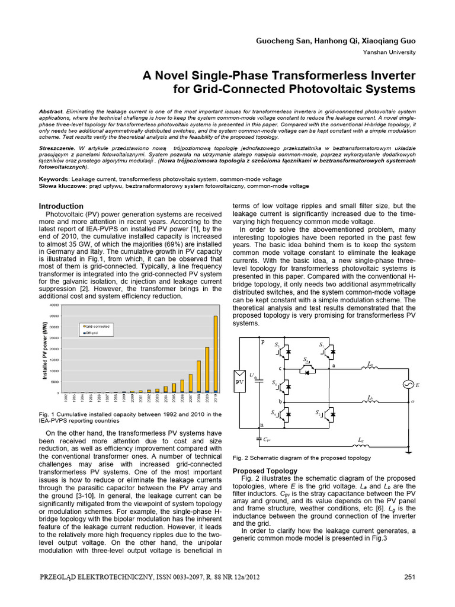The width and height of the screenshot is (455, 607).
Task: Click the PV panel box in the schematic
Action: (x=240, y=382)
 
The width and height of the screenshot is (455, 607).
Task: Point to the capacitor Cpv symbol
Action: (x=259, y=439)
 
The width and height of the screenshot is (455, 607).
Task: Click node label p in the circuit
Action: (x=262, y=342)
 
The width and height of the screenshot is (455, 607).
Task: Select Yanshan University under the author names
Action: (x=389, y=52)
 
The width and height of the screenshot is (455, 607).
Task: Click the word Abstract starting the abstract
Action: (x=51, y=111)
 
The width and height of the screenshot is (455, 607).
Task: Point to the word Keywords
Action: (x=54, y=178)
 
